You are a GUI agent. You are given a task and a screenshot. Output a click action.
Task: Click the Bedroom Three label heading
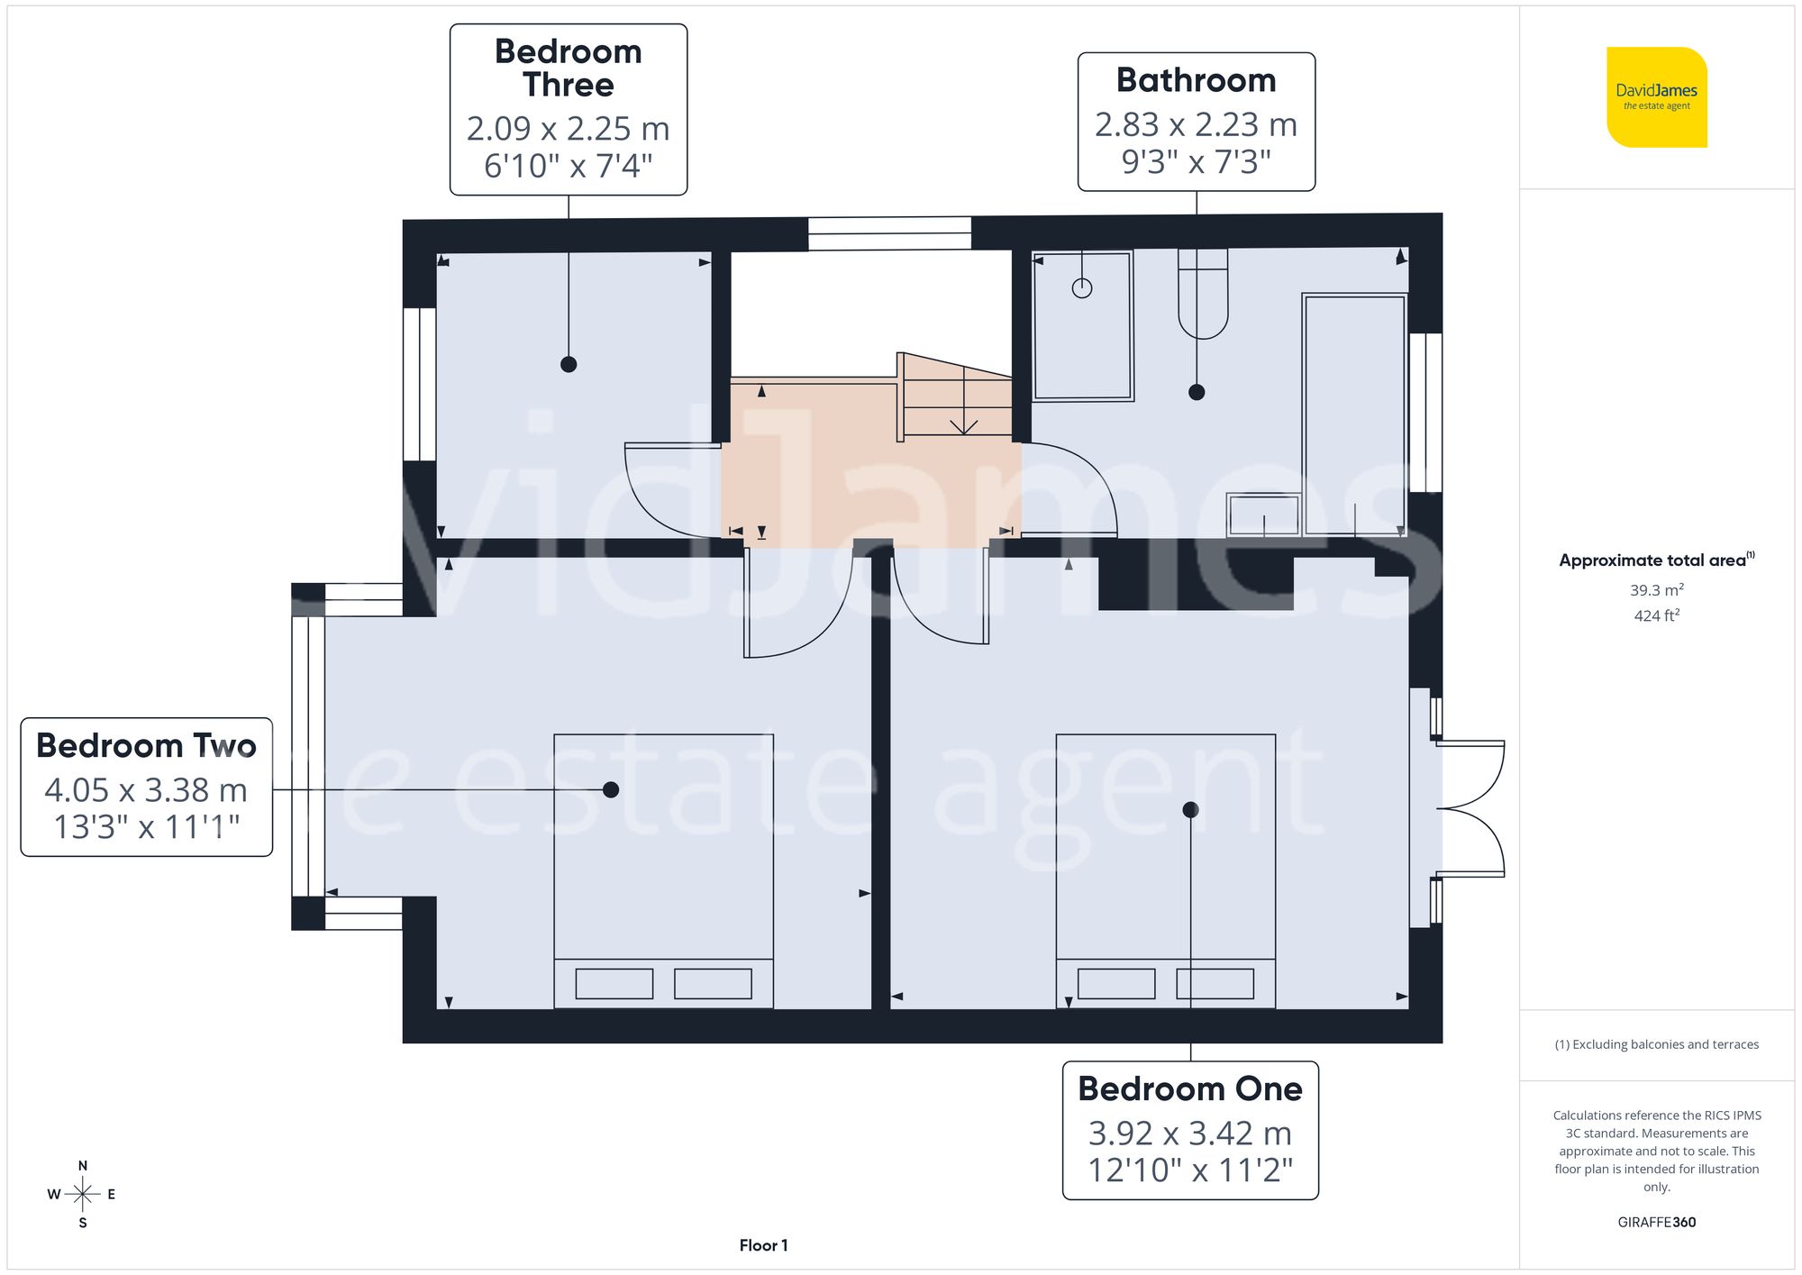pyautogui.click(x=568, y=68)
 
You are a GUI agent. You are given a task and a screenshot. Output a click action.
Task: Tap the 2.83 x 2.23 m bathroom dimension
pyautogui.click(x=1196, y=124)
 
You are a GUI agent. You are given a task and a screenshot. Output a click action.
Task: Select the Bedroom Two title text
pyautogui.click(x=146, y=746)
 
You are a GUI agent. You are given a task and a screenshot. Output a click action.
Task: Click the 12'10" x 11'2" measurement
pyautogui.click(x=1189, y=1170)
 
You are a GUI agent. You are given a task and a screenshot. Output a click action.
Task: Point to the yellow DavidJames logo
pyautogui.click(x=1656, y=97)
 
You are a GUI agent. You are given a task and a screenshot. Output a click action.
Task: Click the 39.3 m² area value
pyautogui.click(x=1656, y=590)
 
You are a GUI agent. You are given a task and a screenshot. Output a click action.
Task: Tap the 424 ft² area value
pyautogui.click(x=1656, y=615)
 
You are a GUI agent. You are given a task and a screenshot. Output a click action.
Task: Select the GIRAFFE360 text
pyautogui.click(x=1656, y=1222)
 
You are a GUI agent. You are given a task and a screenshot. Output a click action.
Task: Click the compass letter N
pyautogui.click(x=83, y=1165)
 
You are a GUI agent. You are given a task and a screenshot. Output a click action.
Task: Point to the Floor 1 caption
pyautogui.click(x=763, y=1245)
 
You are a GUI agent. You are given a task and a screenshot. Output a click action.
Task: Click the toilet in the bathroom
pyautogui.click(x=1203, y=296)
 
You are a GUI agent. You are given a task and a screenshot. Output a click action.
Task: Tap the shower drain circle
pyautogui.click(x=1082, y=288)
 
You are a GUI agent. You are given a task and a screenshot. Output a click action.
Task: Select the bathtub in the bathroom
pyautogui.click(x=1354, y=414)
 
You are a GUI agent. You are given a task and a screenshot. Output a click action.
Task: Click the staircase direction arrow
pyautogui.click(x=963, y=425)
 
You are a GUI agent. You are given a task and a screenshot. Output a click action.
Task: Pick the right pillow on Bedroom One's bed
pyautogui.click(x=1215, y=983)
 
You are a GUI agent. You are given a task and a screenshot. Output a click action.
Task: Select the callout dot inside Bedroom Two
pyautogui.click(x=611, y=789)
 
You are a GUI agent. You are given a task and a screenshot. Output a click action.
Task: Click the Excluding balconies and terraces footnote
pyautogui.click(x=1656, y=1044)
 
